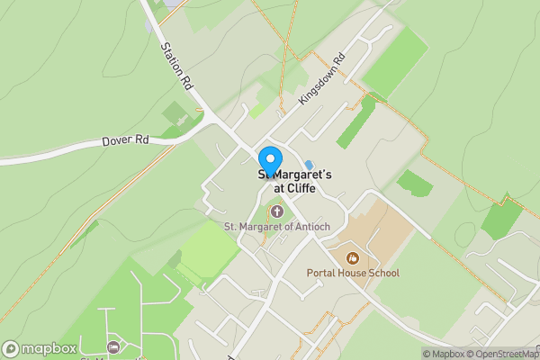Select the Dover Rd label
coord(126,141)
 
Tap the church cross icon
coord(276,211)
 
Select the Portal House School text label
coord(364,273)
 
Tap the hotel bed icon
coord(112,346)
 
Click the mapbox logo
coord(40,348)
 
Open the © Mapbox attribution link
coord(443,354)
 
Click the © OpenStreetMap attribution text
coord(500,354)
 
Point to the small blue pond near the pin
coord(309,165)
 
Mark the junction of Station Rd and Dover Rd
coord(209,120)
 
